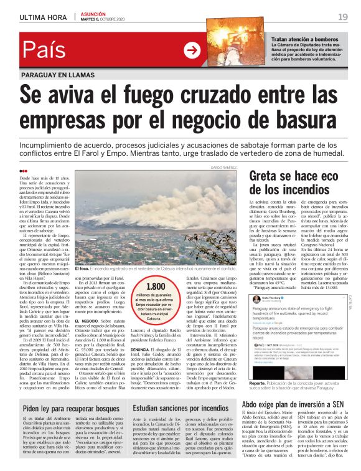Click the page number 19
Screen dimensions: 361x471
(x=342, y=17)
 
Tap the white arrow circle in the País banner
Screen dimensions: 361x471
(x=191, y=50)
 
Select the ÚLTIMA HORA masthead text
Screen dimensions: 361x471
(x=42, y=17)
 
